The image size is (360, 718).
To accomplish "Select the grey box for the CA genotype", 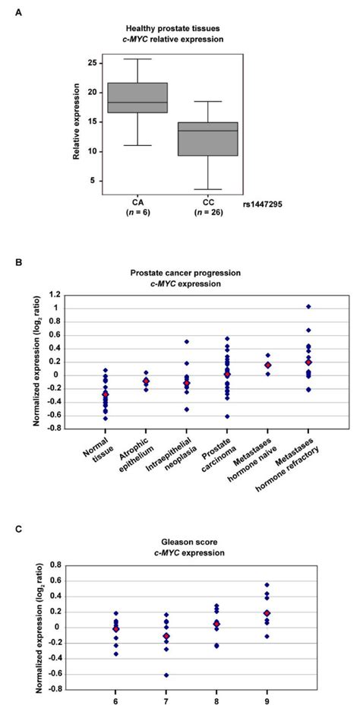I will pos(137,97).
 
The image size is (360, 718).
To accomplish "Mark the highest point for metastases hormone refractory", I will pos(308,306).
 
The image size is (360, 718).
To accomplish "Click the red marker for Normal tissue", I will pos(106,394).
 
